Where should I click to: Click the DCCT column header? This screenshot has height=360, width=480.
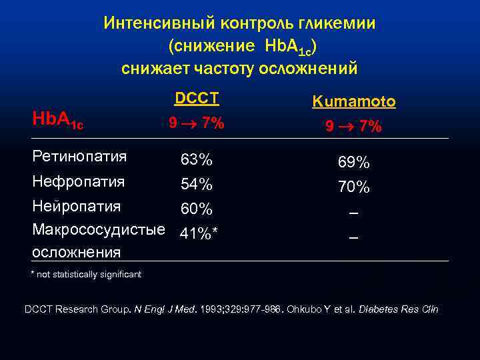197,99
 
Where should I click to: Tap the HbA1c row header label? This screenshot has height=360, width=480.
59,119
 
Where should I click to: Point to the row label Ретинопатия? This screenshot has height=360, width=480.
79,157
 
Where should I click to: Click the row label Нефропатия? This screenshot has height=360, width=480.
79,181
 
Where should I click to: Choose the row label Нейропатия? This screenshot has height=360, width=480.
77,205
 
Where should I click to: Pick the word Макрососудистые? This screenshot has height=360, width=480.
99,230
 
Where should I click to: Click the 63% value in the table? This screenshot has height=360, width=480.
197,160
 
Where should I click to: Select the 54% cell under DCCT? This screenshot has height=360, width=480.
197,184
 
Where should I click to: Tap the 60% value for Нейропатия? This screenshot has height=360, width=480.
197,209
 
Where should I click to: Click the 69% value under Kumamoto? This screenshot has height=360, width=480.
354,163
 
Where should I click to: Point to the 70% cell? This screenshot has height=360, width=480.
354,187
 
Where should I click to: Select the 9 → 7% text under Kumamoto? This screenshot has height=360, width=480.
354,125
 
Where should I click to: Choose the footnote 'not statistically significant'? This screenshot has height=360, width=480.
89,275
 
